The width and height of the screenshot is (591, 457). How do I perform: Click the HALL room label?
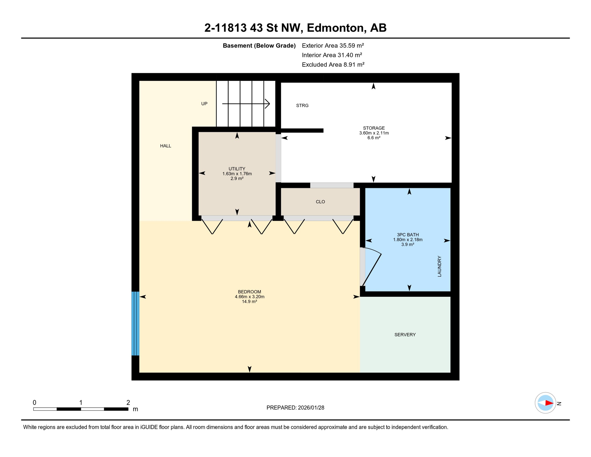(166, 146)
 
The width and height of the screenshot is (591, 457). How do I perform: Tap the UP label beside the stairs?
(204, 104)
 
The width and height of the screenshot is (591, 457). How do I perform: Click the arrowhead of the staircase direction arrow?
(268, 104)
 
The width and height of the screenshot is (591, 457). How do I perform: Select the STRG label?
(302, 106)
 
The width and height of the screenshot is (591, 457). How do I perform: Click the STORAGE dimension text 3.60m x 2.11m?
(374, 133)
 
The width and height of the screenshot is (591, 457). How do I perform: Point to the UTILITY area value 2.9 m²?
(237, 179)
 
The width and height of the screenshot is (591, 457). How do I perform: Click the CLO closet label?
(320, 202)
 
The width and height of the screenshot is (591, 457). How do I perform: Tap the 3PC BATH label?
(408, 235)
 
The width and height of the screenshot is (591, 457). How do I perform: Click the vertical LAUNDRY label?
(439, 266)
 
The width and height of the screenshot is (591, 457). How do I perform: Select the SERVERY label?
(405, 335)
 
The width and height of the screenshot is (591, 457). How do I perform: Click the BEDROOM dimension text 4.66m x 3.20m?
(249, 297)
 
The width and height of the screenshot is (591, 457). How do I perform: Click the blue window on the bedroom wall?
(136, 323)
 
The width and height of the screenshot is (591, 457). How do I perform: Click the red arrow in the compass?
(549, 403)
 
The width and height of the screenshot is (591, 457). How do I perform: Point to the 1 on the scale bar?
(81, 403)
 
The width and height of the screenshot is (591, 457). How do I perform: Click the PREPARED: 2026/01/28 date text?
(295, 408)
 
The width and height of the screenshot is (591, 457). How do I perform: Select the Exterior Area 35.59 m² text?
(333, 46)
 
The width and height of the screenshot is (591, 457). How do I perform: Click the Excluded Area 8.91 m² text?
(333, 65)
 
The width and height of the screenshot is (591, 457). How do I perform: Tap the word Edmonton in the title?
(334, 28)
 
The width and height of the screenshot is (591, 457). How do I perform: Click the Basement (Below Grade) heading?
(259, 46)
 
